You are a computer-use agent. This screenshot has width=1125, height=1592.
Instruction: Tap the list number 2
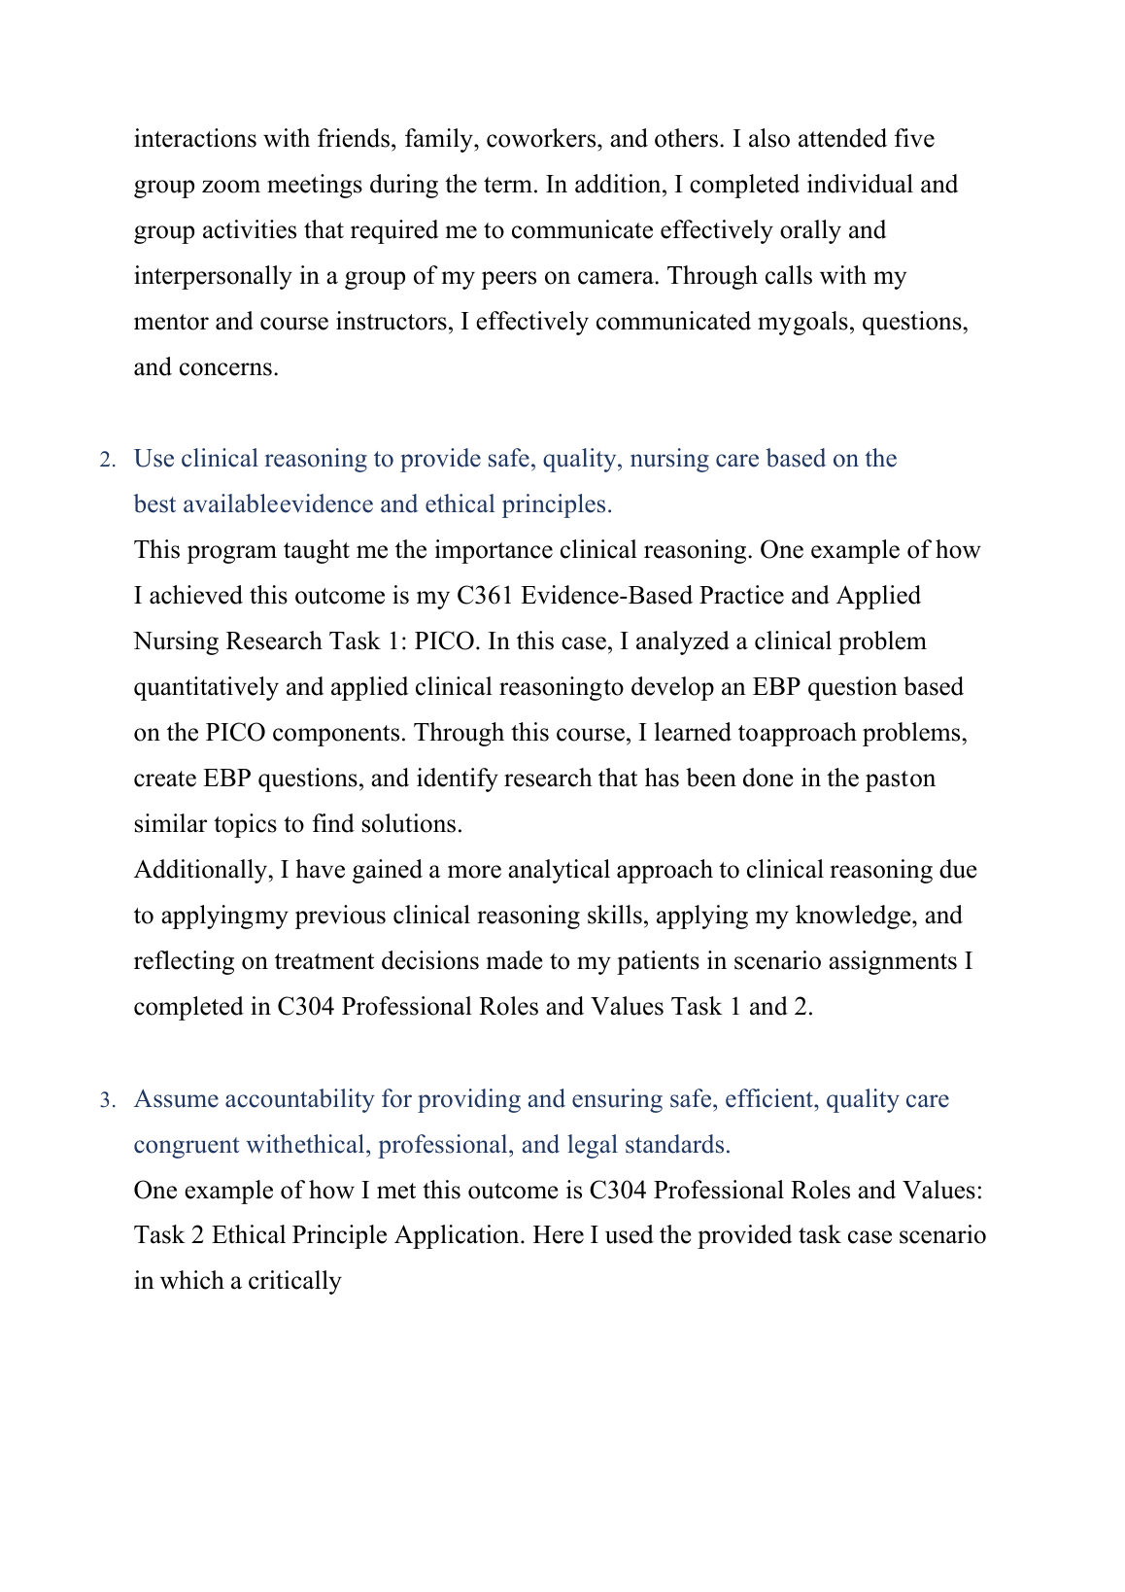(107, 460)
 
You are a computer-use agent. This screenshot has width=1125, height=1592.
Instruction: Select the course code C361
(485, 596)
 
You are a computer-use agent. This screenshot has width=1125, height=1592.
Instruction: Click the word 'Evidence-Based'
(606, 596)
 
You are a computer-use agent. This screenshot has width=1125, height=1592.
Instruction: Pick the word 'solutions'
(411, 824)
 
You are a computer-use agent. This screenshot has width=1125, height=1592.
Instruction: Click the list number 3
(107, 1100)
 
